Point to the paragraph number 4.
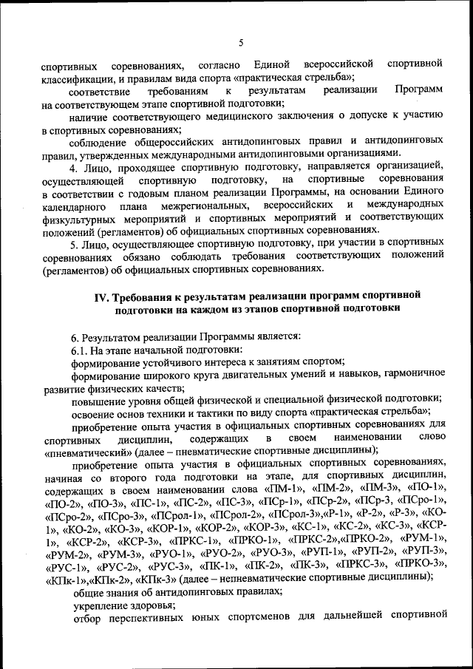tap(72, 166)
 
